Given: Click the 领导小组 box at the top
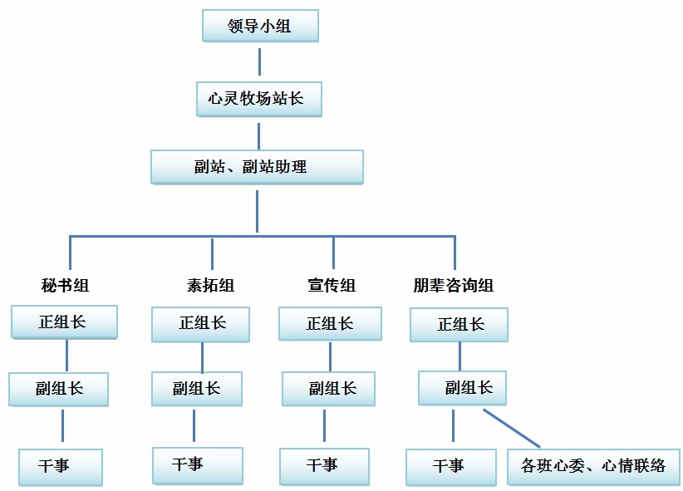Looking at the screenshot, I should (x=259, y=26).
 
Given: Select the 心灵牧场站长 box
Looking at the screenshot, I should (x=258, y=99).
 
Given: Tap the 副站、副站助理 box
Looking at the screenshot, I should (x=257, y=166).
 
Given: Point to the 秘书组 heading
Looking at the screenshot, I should (x=65, y=286).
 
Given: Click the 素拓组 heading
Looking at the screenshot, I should (x=210, y=286).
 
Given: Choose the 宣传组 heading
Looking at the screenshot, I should (x=332, y=286).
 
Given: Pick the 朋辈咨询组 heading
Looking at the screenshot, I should (x=453, y=286).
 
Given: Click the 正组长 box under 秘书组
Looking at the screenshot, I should (x=64, y=322).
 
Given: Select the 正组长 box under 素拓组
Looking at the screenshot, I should (x=200, y=324).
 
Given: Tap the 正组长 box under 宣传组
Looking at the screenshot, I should (x=330, y=324).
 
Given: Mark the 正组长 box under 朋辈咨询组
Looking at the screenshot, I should (x=459, y=324).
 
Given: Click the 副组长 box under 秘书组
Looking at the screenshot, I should (x=59, y=388).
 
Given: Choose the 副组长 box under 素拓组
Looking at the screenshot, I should (x=197, y=388).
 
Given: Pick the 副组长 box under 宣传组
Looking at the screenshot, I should (x=328, y=388).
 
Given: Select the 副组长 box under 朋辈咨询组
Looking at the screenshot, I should (x=462, y=387).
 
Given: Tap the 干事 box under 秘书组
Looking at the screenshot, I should (x=60, y=466).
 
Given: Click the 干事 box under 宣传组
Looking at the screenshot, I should (x=323, y=466).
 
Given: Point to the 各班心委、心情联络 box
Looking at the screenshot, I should (x=593, y=466).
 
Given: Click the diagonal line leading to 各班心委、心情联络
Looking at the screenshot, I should (x=512, y=428).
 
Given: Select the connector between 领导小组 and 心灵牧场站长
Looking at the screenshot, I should (x=259, y=61).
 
